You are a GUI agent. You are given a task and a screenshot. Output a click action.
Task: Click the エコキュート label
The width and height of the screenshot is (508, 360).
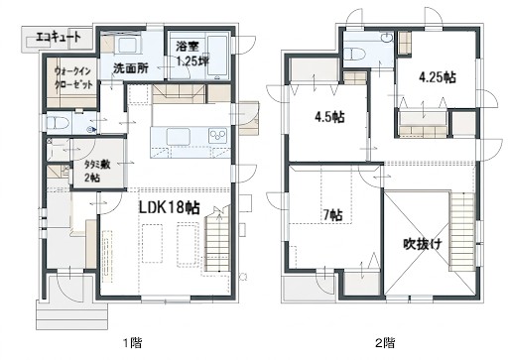[58, 37]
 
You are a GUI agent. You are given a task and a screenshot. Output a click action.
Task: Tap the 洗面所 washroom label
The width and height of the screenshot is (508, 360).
[131, 68]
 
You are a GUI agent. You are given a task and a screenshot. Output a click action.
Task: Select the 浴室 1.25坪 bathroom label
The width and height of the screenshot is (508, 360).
[192, 54]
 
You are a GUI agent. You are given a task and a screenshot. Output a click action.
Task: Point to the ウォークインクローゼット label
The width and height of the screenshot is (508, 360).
[73, 77]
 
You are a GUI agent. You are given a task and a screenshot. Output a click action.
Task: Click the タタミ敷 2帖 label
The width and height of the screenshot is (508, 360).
[97, 171]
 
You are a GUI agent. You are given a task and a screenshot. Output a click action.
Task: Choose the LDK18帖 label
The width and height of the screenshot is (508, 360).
[169, 208]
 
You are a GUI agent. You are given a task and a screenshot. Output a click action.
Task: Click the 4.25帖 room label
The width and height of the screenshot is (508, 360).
[438, 77]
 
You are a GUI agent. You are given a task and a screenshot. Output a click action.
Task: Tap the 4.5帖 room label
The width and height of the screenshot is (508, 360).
[329, 117]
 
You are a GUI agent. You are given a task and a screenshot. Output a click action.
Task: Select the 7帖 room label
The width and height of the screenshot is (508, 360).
[332, 215]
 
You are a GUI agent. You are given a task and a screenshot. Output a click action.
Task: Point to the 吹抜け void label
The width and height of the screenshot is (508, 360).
[423, 244]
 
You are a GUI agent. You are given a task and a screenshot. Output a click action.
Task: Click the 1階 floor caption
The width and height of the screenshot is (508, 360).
[133, 343]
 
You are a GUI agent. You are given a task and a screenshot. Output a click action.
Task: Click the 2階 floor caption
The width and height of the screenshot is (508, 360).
[385, 343]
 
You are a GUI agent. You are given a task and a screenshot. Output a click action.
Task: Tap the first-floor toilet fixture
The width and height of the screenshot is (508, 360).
[59, 124]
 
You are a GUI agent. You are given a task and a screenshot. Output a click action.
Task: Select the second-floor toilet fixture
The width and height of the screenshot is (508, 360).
[354, 54]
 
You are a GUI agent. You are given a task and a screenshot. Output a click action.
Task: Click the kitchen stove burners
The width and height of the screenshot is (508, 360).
[217, 136]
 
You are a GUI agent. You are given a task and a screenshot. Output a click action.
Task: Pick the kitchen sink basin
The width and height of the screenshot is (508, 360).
[179, 136]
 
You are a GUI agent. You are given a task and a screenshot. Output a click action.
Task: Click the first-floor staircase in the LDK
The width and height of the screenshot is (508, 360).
[217, 240]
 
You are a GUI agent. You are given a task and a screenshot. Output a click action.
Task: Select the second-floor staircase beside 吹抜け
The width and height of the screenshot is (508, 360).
[462, 230]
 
